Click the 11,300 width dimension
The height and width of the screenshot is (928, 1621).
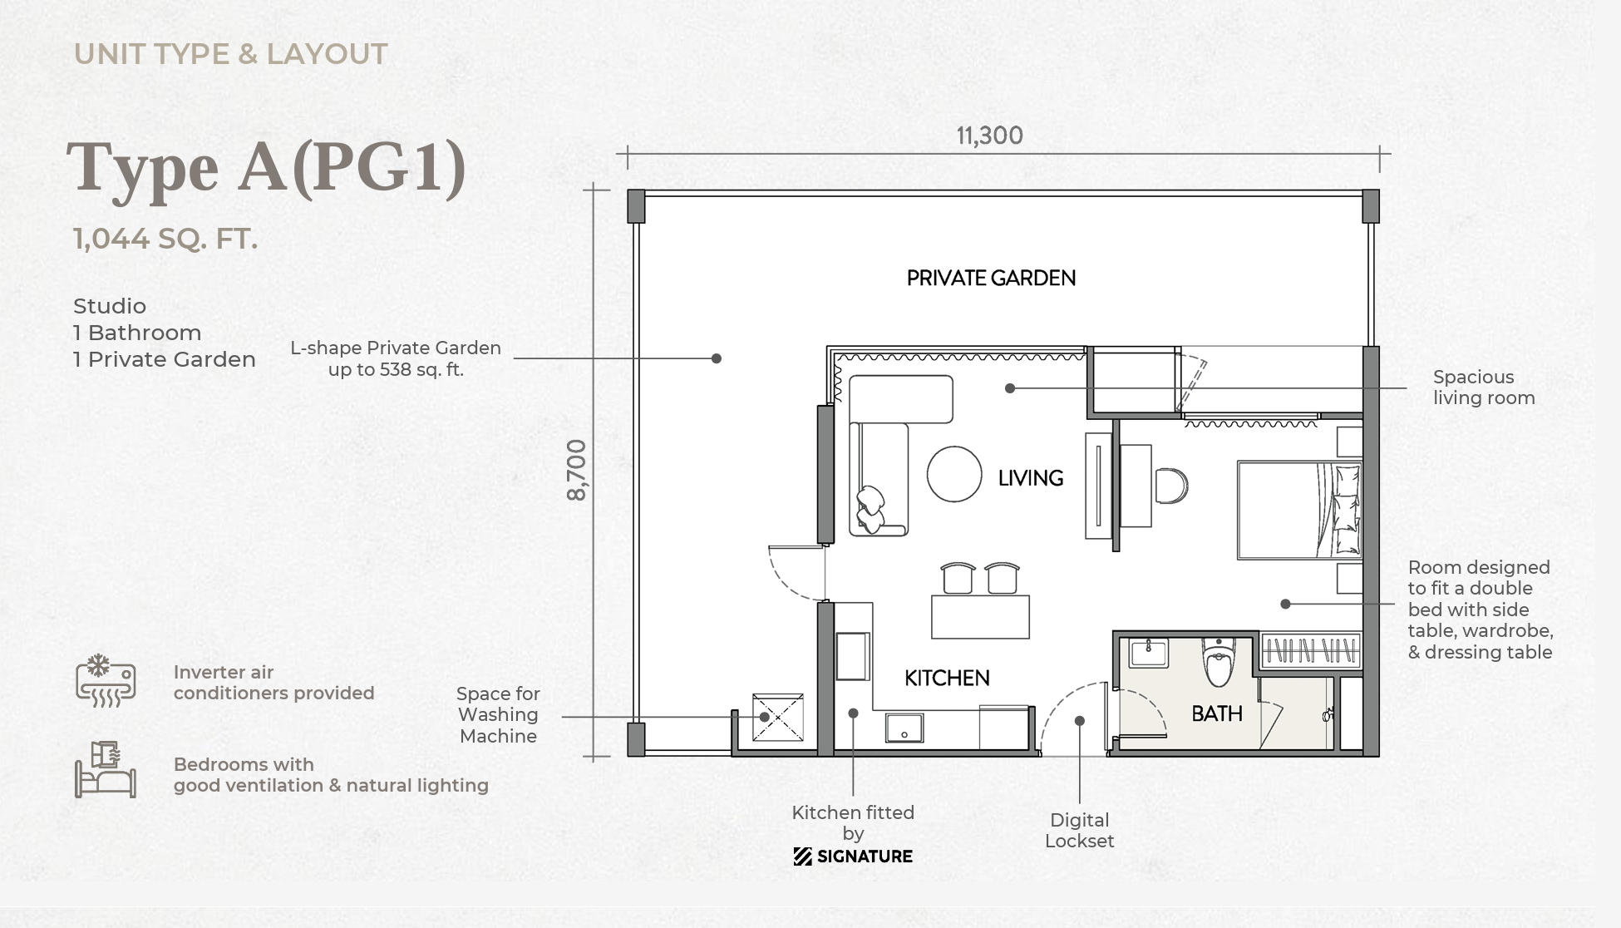(x=989, y=136)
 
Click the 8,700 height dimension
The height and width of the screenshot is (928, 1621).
(x=576, y=470)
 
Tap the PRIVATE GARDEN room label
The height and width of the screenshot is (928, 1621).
(x=991, y=278)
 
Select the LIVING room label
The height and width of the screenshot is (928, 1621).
(x=1031, y=478)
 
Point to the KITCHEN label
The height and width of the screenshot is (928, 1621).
(x=947, y=679)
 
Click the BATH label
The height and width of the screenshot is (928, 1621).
(x=1217, y=713)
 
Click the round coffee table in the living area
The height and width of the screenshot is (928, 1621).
(x=954, y=474)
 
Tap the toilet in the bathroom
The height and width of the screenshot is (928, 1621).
(x=1219, y=662)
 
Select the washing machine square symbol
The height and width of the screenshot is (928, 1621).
(x=778, y=717)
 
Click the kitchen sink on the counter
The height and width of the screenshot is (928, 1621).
(x=904, y=728)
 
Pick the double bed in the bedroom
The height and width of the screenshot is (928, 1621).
(x=1299, y=510)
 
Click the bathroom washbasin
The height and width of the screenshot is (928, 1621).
(x=1149, y=654)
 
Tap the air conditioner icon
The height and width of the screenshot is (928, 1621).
(x=106, y=681)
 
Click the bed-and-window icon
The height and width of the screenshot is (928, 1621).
(x=106, y=770)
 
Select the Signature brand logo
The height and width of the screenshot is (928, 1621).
(x=853, y=856)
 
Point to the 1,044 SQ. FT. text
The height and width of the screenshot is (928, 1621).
(x=165, y=239)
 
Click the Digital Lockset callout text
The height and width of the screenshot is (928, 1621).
(x=1079, y=831)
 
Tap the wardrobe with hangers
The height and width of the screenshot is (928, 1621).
(x=1311, y=650)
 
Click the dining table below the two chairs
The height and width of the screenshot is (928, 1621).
(x=980, y=616)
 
